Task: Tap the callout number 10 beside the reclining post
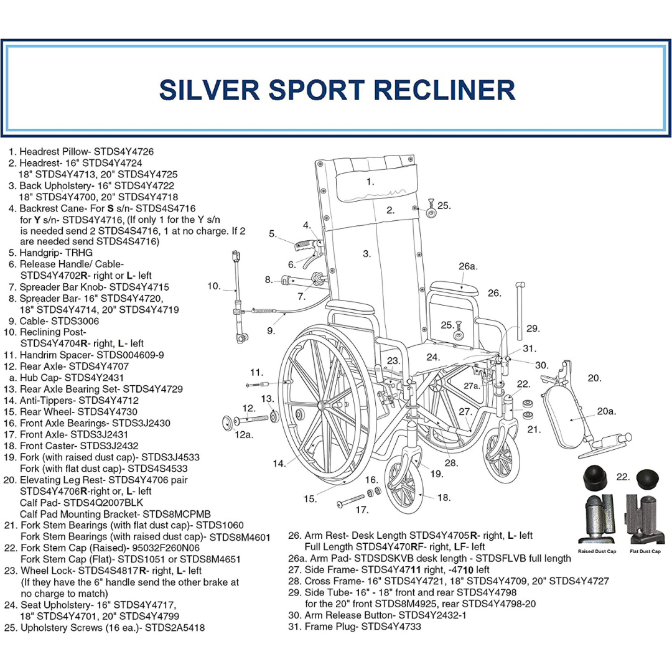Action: (x=214, y=286)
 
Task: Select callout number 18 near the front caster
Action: (x=444, y=497)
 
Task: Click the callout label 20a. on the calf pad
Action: (x=606, y=411)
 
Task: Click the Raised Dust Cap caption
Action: (x=597, y=552)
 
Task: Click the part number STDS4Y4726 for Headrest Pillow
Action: (x=122, y=151)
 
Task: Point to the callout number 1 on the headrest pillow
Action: (x=370, y=182)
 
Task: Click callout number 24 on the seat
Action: (x=433, y=357)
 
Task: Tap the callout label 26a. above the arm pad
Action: (x=468, y=266)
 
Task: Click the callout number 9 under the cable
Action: (x=271, y=331)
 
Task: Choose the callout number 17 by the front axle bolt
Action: (x=362, y=510)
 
